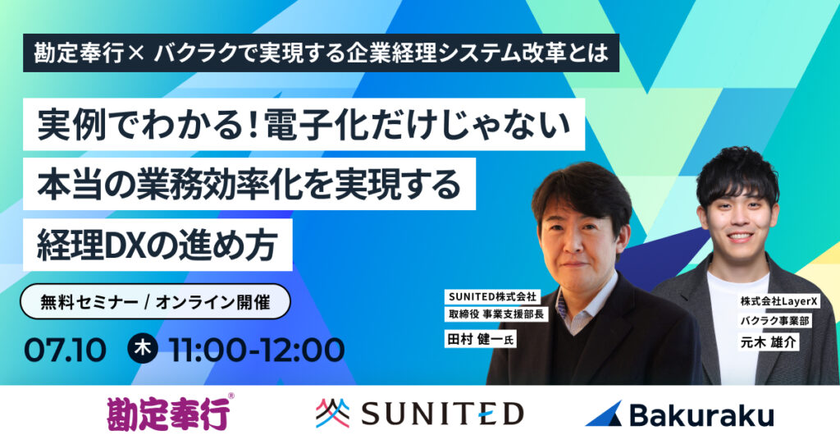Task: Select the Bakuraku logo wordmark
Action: [x=702, y=415]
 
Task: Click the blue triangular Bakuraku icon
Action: [x=604, y=414]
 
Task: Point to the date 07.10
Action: [x=65, y=350]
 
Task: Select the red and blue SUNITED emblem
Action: [x=332, y=413]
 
